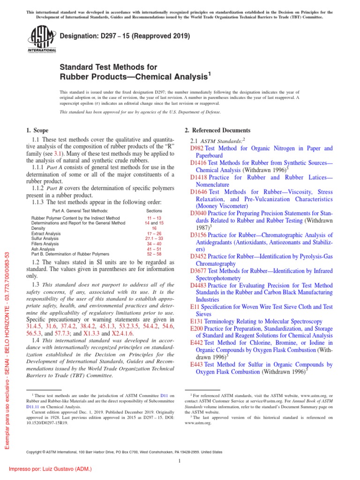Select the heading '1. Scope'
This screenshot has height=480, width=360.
click(38, 130)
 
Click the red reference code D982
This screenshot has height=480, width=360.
click(197, 148)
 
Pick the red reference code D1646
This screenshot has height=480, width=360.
click(199, 192)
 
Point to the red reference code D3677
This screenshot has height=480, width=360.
click(199, 271)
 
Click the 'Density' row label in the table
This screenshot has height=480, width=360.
click(39, 228)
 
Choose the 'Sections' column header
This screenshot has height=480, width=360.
click(154, 211)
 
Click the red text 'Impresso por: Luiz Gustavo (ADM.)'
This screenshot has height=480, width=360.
click(47, 469)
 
